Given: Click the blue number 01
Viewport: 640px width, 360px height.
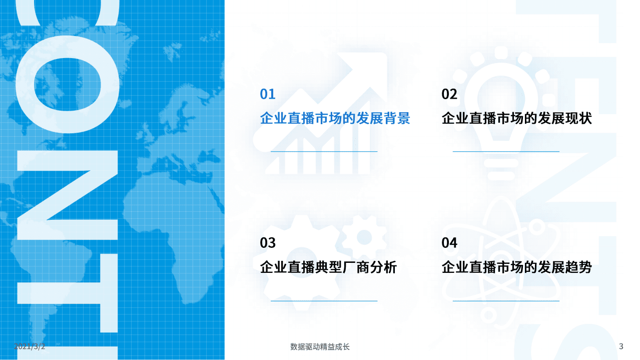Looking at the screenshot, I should [x=268, y=94].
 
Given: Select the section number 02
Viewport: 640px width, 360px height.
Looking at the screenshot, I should [x=449, y=94].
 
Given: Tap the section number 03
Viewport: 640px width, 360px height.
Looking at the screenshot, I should [x=268, y=243].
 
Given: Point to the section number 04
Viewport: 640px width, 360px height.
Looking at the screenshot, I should [x=449, y=243].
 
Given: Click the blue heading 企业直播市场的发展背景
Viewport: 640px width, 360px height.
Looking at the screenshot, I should [x=335, y=119].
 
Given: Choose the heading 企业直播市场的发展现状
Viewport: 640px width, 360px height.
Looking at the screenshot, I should [x=516, y=119].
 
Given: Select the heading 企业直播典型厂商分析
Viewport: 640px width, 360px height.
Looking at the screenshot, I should [x=328, y=267].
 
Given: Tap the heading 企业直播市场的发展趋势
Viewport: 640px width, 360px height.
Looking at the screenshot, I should [x=516, y=267].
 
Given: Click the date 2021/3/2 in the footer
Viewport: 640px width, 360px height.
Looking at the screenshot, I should [x=30, y=346].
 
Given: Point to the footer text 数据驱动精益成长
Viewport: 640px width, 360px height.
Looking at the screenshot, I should [x=320, y=346].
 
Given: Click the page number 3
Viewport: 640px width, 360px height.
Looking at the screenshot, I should [x=621, y=346].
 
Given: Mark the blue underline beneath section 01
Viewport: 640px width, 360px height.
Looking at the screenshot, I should [x=324, y=151].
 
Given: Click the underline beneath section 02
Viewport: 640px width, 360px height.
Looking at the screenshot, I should [x=506, y=151].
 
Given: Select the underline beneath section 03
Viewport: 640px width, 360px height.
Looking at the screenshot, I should [x=324, y=301].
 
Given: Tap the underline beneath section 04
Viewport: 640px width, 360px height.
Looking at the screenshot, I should [x=506, y=301].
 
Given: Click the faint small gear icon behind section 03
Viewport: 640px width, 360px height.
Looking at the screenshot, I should [x=364, y=237].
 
